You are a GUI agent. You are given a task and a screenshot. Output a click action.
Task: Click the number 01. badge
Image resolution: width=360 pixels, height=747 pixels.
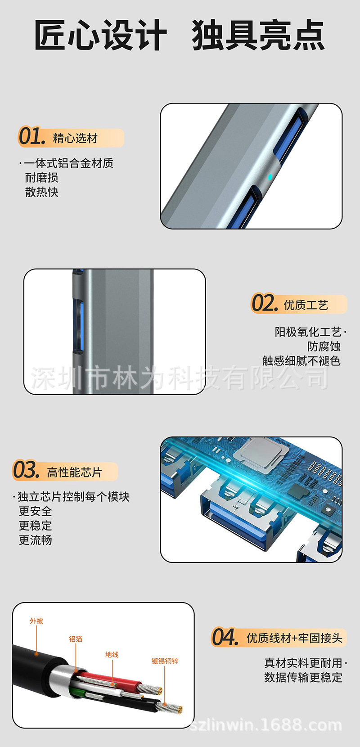pyautogui.click(x=31, y=137)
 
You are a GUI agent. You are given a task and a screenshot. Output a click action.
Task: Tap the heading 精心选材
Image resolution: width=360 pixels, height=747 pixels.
pyautogui.click(x=75, y=138)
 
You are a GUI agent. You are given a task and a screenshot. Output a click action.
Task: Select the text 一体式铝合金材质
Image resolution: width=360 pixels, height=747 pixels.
pyautogui.click(x=68, y=163)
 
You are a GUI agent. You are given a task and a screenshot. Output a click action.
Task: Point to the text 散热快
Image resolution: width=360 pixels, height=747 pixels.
pyautogui.click(x=41, y=192)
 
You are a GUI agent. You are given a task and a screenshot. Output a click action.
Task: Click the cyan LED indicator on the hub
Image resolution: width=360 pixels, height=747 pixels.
pyautogui.click(x=270, y=177)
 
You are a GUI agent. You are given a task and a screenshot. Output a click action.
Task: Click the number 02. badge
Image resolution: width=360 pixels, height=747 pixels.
pyautogui.click(x=264, y=303)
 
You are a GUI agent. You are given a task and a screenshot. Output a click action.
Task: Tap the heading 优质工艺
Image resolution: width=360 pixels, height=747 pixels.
pyautogui.click(x=306, y=305)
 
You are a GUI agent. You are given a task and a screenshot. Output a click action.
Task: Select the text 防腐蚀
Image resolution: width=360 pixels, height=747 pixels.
pyautogui.click(x=324, y=346)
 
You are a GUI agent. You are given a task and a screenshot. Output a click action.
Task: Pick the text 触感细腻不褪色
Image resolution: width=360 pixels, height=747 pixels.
pyautogui.click(x=301, y=360)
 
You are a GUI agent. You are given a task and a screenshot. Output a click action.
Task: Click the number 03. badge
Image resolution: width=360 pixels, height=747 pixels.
pyautogui.click(x=26, y=470)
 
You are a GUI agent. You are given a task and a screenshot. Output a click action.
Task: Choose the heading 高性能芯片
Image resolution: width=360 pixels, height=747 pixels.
pyautogui.click(x=74, y=472)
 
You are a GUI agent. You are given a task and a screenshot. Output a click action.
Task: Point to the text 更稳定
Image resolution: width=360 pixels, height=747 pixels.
pyautogui.click(x=35, y=526)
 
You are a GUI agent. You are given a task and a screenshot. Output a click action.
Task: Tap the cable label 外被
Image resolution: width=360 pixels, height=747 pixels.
pyautogui.click(x=36, y=621)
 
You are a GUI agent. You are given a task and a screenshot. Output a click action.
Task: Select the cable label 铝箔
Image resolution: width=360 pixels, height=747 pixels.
pyautogui.click(x=76, y=639)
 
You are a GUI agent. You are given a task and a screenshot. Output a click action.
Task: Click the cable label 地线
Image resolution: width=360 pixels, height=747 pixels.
pyautogui.click(x=112, y=654)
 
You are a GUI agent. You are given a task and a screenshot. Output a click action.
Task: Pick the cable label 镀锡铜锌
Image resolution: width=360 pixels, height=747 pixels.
pyautogui.click(x=165, y=661)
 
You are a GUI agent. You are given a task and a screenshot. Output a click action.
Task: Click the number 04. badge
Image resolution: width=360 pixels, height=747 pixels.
pyautogui.click(x=225, y=637)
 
